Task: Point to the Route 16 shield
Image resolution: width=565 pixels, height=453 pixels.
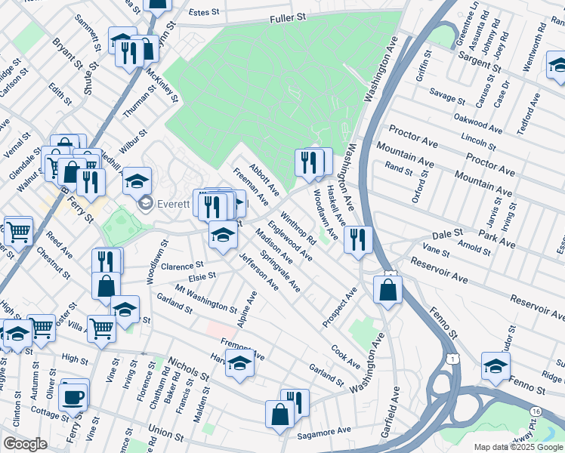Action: coord(556,409)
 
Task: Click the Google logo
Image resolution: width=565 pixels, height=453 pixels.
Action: coord(25,443)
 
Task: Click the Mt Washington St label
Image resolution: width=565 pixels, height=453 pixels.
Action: coord(205,299)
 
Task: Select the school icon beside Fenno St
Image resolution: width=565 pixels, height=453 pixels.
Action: coord(496,367)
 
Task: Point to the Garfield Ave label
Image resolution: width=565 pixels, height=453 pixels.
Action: coord(394,427)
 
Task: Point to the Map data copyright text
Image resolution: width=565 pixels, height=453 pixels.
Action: coord(518,447)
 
